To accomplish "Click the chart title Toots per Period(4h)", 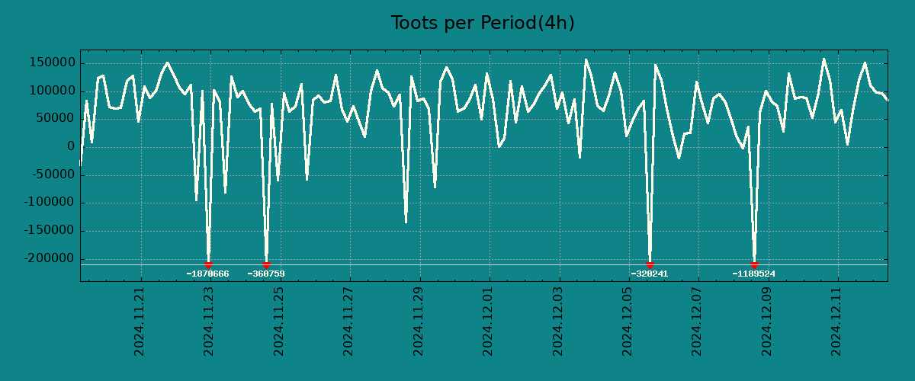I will [483, 23].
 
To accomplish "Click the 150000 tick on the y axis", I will [53, 63].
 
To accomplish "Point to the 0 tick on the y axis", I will [70, 147].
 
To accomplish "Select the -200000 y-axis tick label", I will [50, 259].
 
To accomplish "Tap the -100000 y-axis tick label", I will [50, 203].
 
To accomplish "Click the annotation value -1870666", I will [207, 274].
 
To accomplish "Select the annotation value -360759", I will [266, 274].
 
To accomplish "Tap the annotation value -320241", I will [650, 274].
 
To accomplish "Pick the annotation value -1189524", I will [753, 274].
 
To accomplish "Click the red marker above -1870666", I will [208, 264].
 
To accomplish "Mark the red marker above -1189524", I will [754, 264].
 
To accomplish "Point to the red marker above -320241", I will [650, 264].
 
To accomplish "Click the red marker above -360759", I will [266, 264].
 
